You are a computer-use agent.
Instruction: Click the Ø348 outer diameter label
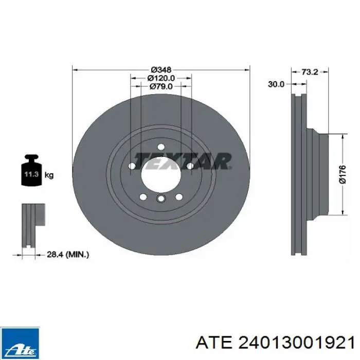(x=161, y=69)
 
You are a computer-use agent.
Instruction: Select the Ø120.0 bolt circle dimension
(x=161, y=78)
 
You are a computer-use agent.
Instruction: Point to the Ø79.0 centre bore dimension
(x=161, y=86)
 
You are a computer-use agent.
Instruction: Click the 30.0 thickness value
(x=276, y=84)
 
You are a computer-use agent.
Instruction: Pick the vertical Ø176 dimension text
(x=342, y=174)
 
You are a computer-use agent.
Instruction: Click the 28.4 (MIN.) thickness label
(x=68, y=255)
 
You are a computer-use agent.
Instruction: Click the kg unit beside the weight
(x=49, y=175)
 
